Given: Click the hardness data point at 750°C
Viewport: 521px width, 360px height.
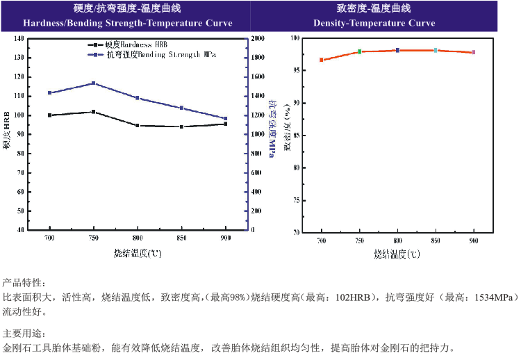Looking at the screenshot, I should point(94,112).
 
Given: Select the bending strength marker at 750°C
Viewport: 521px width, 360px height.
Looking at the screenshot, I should point(94,83).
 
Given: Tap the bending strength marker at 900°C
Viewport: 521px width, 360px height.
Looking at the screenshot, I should point(226,119).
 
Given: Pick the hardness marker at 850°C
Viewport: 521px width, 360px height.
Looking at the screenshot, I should point(181,126).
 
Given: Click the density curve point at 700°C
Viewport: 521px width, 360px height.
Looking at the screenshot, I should point(322,60).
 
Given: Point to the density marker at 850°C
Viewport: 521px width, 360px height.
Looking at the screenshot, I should point(436,50).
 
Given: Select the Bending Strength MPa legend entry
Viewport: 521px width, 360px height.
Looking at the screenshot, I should point(156,54).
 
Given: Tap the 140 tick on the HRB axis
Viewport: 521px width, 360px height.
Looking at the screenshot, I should point(19,39).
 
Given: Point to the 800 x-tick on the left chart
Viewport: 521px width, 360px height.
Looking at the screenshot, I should point(138,238).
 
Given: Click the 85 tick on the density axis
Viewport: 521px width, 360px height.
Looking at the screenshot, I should point(295,135).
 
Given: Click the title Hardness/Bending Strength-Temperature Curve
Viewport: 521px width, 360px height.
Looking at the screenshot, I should point(128,23).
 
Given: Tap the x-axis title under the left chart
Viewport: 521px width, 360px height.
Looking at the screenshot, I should point(138,253).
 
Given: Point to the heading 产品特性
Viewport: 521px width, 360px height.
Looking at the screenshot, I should point(24,283).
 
